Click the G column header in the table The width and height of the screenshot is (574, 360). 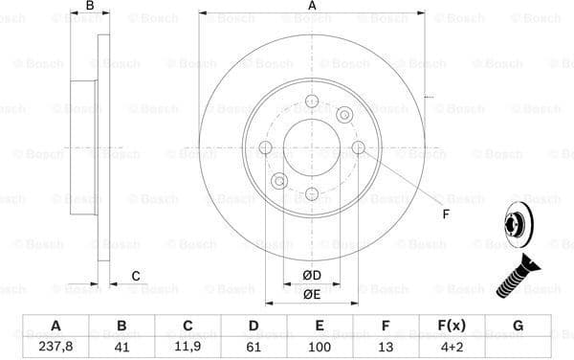pos(518,326)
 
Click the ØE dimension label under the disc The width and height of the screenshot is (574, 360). pos(311,294)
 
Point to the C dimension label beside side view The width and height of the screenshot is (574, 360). pos(136,277)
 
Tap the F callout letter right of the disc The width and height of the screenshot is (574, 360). pos(446,214)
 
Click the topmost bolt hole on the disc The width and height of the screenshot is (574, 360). pos(311,103)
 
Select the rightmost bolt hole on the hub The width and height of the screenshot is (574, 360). pos(358,147)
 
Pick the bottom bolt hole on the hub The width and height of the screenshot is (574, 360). pos(311,193)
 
